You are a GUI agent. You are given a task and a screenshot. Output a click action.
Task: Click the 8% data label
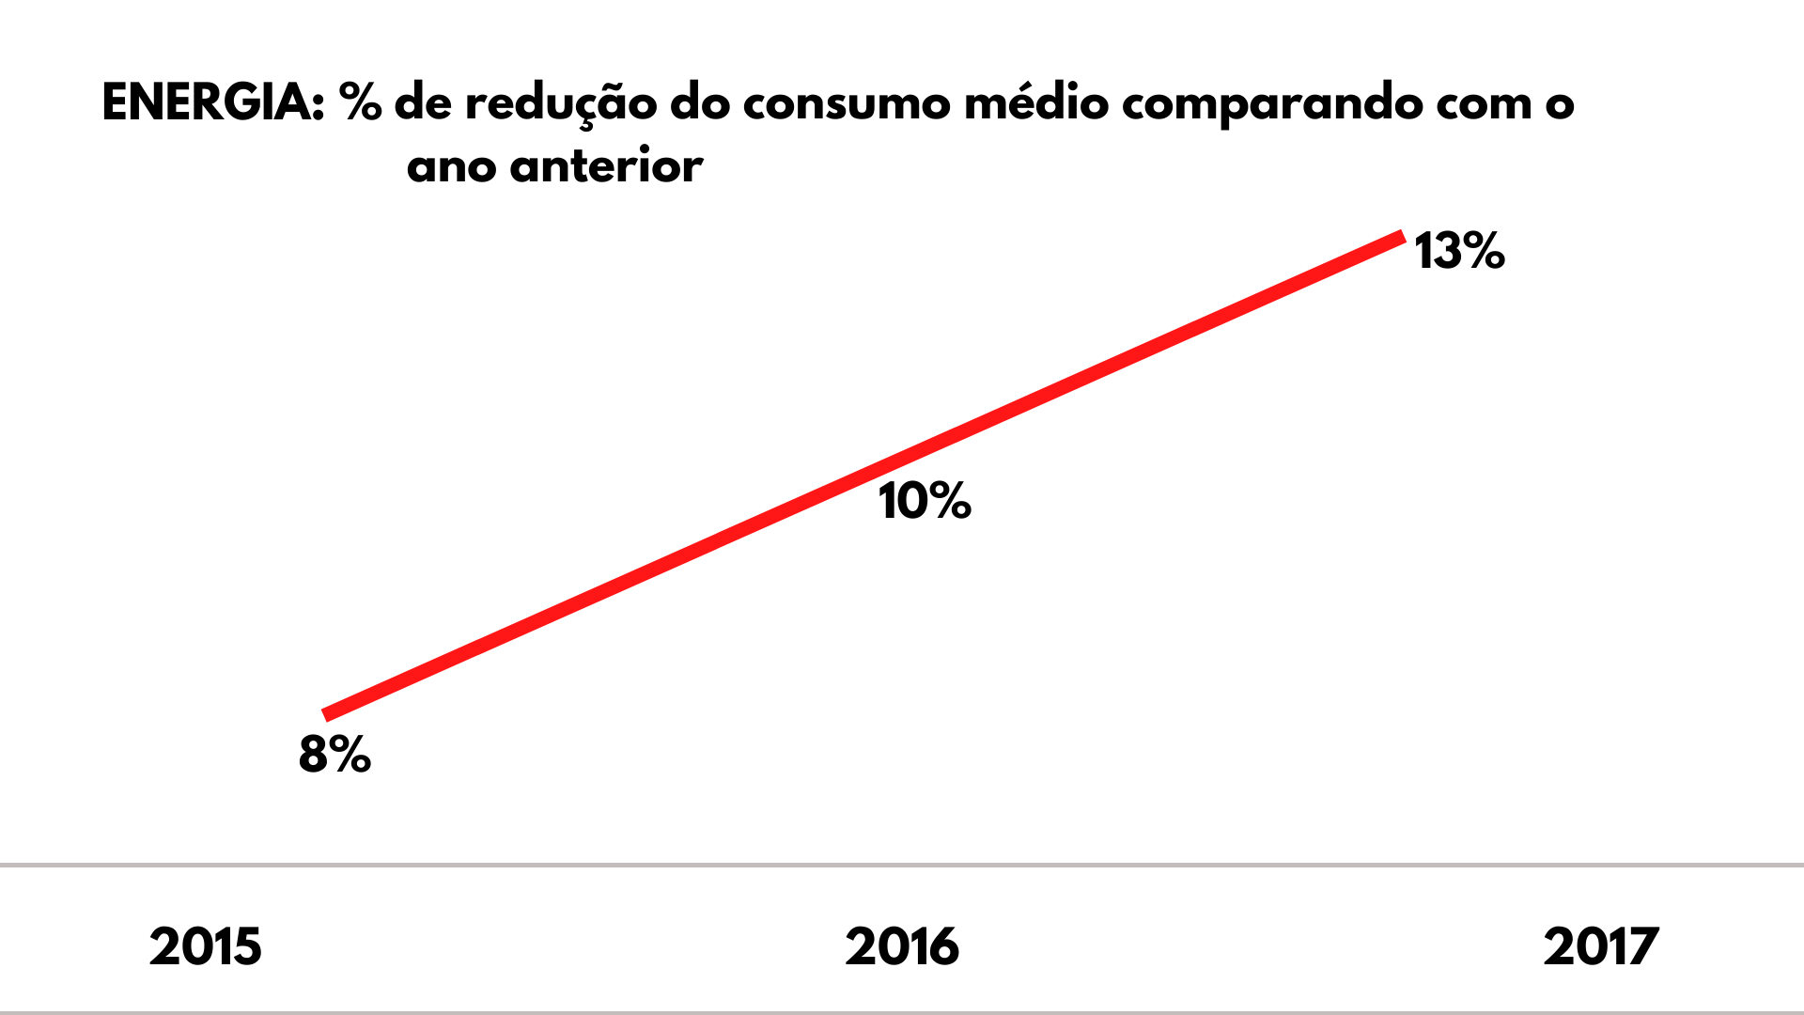334,754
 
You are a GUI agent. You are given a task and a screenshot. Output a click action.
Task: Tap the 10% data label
925,500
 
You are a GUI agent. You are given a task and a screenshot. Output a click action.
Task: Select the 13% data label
1459,251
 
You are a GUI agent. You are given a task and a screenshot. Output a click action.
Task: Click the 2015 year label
206,946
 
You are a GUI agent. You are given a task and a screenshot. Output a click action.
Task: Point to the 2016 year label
902,946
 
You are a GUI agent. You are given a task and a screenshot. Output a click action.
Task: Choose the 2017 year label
1601,946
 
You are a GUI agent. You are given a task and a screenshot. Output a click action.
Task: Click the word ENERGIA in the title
212,102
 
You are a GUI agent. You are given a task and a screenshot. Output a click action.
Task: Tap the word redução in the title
561,104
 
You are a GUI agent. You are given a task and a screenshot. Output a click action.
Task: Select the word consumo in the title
846,103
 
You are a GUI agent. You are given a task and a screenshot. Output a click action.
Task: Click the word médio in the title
1036,102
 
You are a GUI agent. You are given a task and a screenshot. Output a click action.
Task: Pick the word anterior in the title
606,167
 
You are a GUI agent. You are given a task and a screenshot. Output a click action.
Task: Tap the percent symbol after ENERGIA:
361,102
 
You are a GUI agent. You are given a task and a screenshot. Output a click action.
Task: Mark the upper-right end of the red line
1402,236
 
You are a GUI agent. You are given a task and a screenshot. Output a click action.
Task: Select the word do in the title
700,102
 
